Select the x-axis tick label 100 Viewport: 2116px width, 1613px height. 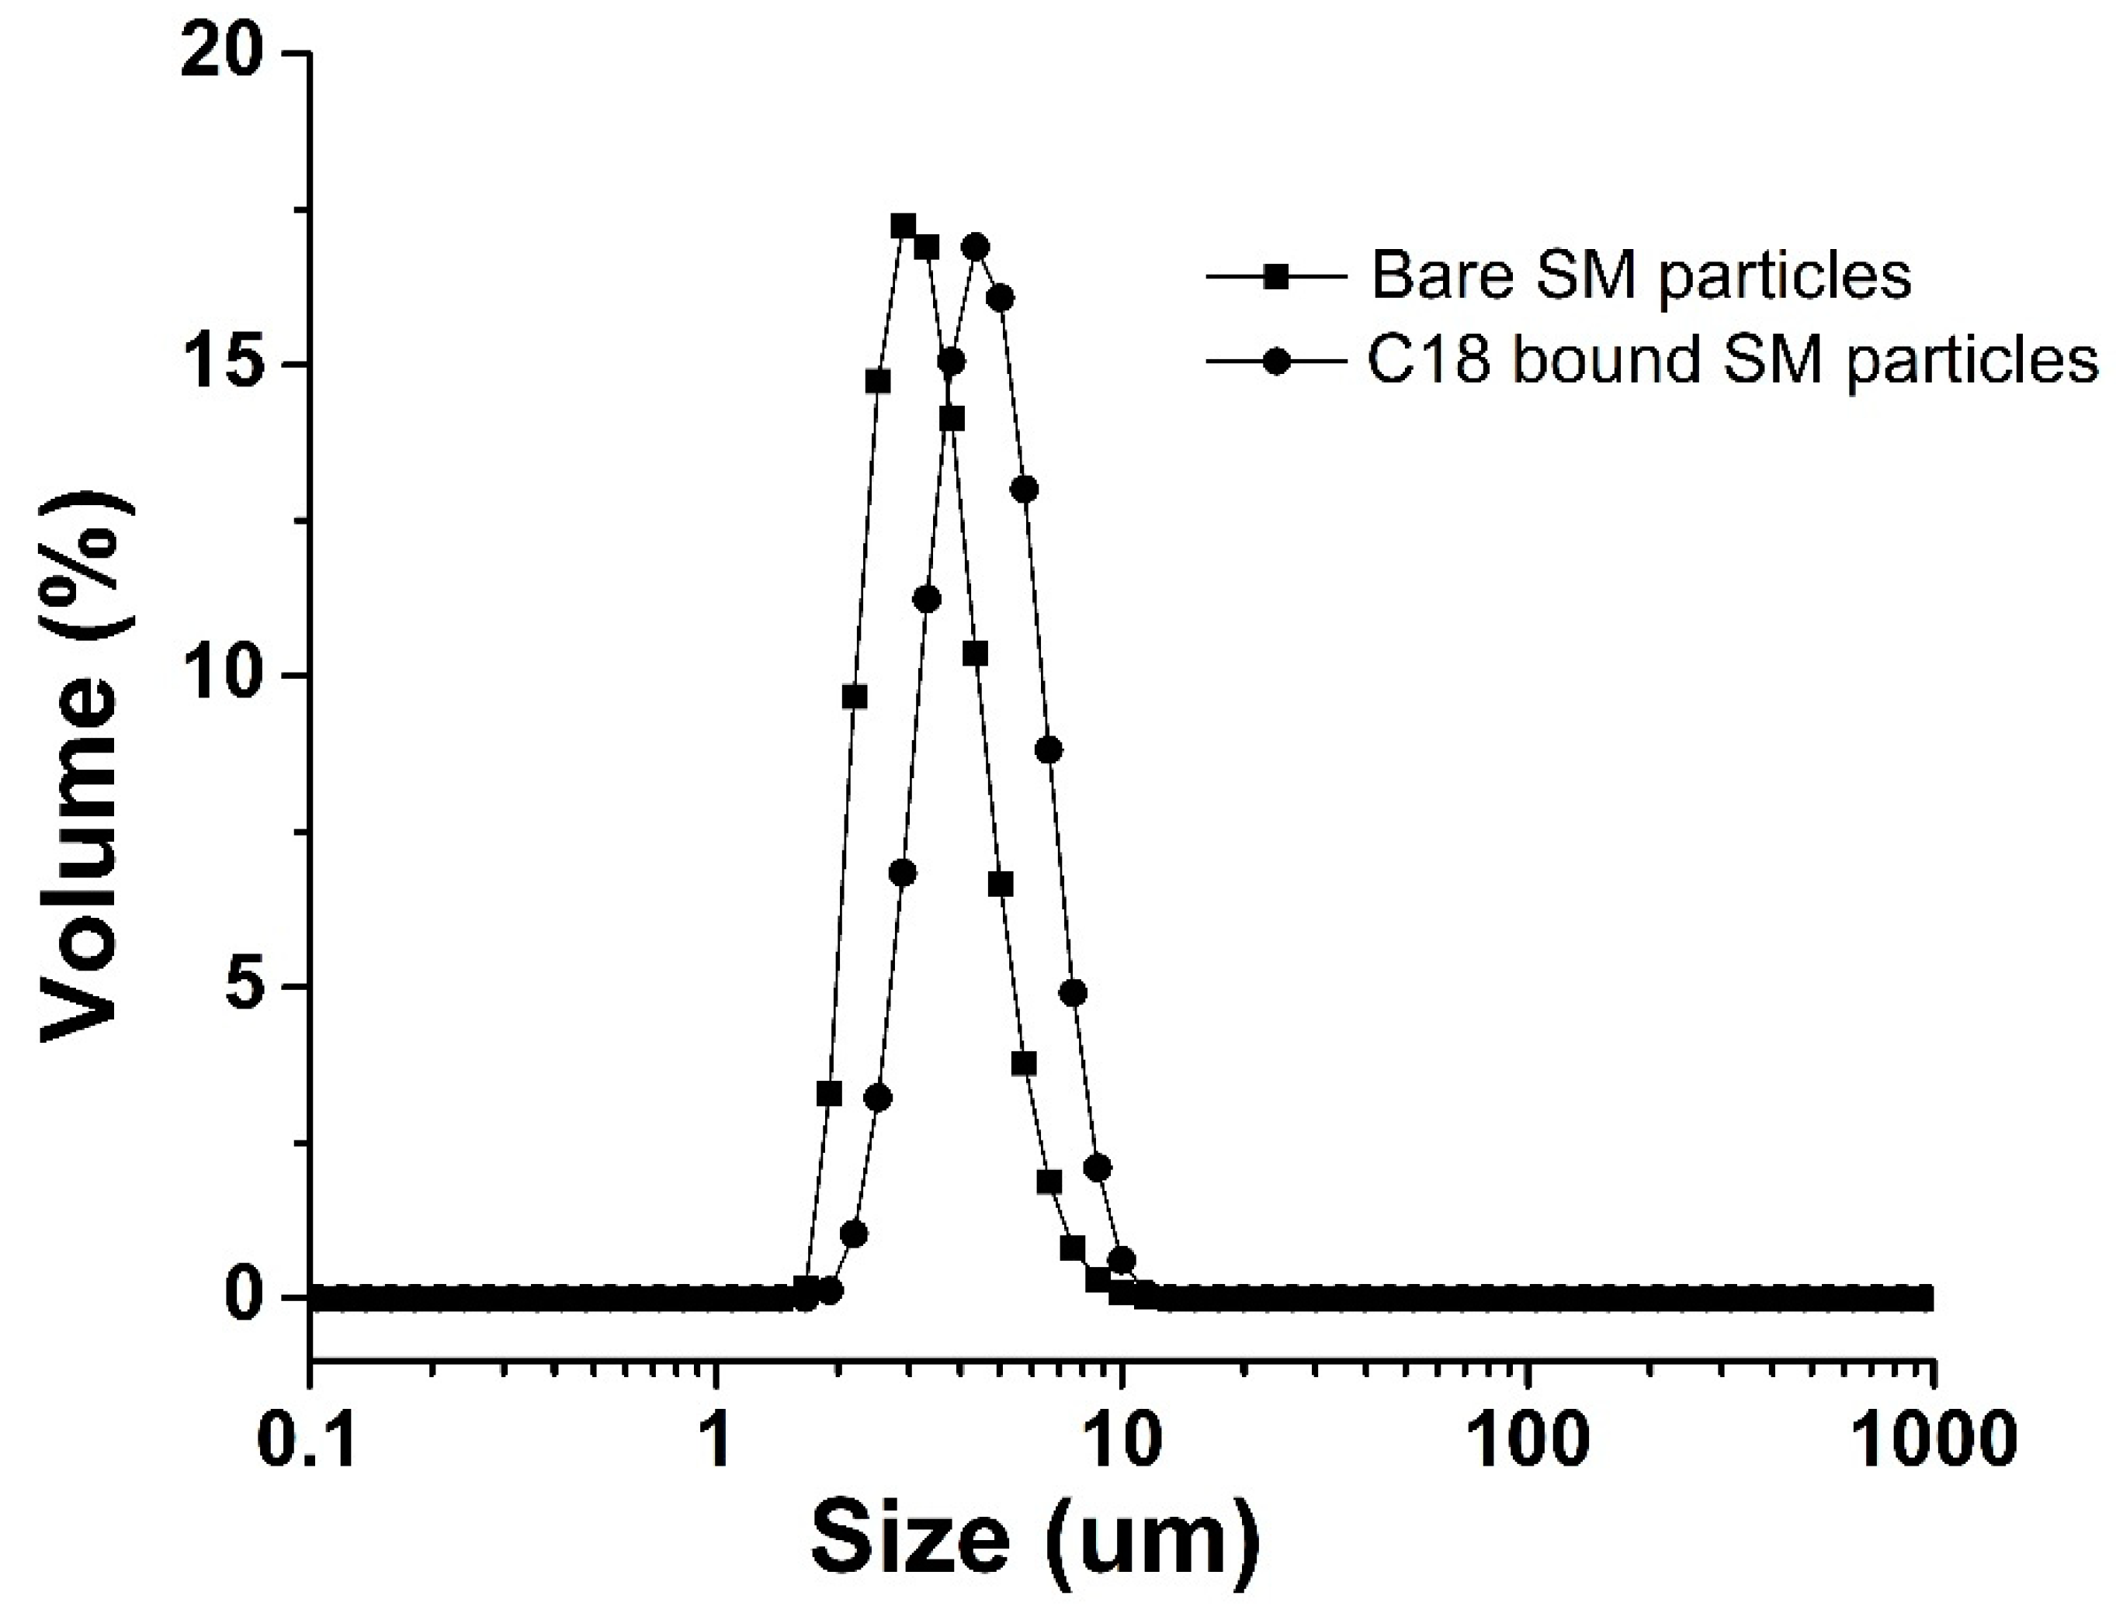click(1527, 1443)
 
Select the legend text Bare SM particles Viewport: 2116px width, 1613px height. click(1640, 276)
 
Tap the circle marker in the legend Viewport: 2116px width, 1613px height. click(1275, 363)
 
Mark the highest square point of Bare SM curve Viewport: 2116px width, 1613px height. click(903, 227)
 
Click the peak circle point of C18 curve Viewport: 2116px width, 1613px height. click(976, 247)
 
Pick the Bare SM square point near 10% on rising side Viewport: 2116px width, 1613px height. click(854, 697)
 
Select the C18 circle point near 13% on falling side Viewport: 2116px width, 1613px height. click(1025, 490)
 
